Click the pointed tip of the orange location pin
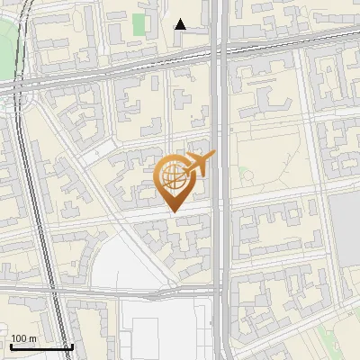(174, 211)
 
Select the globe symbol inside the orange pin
(174, 177)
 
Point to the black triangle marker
(181, 24)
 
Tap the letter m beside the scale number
(32, 338)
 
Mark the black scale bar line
(41, 346)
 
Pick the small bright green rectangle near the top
(139, 24)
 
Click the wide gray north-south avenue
(220, 270)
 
